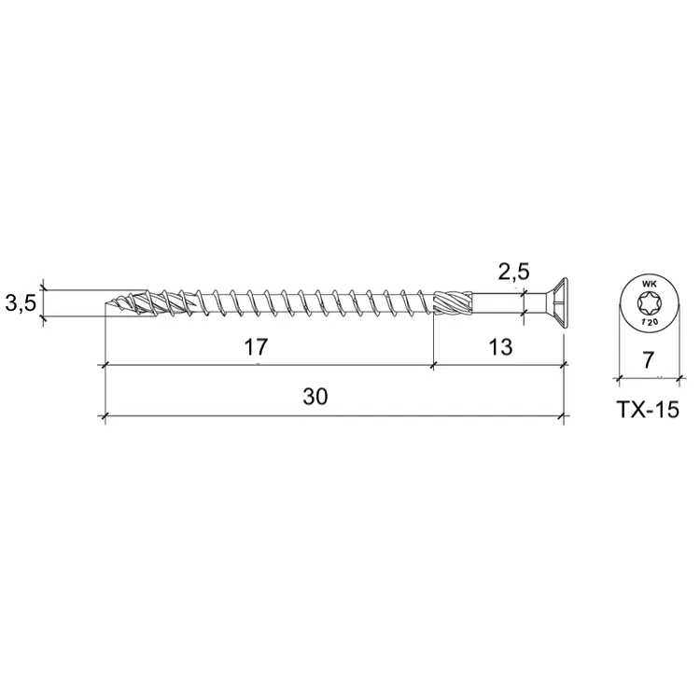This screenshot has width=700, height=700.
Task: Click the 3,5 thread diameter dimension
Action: coord(21,304)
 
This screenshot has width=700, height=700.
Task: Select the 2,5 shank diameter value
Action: coord(514,272)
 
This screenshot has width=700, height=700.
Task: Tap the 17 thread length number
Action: coord(256,347)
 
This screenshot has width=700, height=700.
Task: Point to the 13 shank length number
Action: coord(500,347)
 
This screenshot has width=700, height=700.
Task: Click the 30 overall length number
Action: coord(315,397)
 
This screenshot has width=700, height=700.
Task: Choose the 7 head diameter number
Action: coord(648,360)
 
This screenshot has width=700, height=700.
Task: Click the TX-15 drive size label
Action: coord(648,410)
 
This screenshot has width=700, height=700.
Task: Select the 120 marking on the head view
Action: coord(649,322)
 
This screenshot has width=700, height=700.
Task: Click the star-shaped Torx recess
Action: coord(649,303)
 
